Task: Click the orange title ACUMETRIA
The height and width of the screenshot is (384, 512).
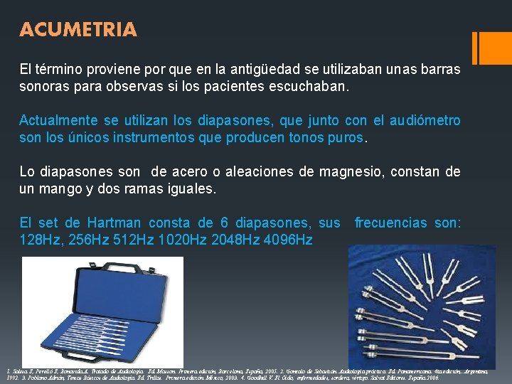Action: click(78, 30)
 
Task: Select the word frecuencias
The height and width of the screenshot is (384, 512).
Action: click(390, 223)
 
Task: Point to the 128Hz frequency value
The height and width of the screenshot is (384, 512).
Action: click(41, 239)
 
